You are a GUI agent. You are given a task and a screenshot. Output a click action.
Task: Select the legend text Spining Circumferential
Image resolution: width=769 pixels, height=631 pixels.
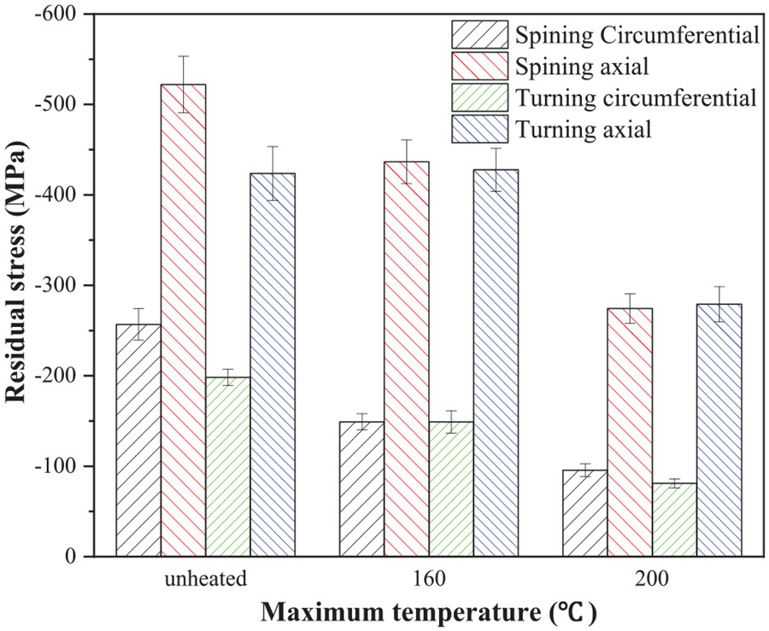tap(637, 35)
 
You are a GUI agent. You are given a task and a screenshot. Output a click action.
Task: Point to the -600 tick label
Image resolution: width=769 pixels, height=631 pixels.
tap(58, 15)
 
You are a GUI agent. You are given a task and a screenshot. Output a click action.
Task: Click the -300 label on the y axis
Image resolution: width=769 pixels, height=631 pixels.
tap(58, 285)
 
